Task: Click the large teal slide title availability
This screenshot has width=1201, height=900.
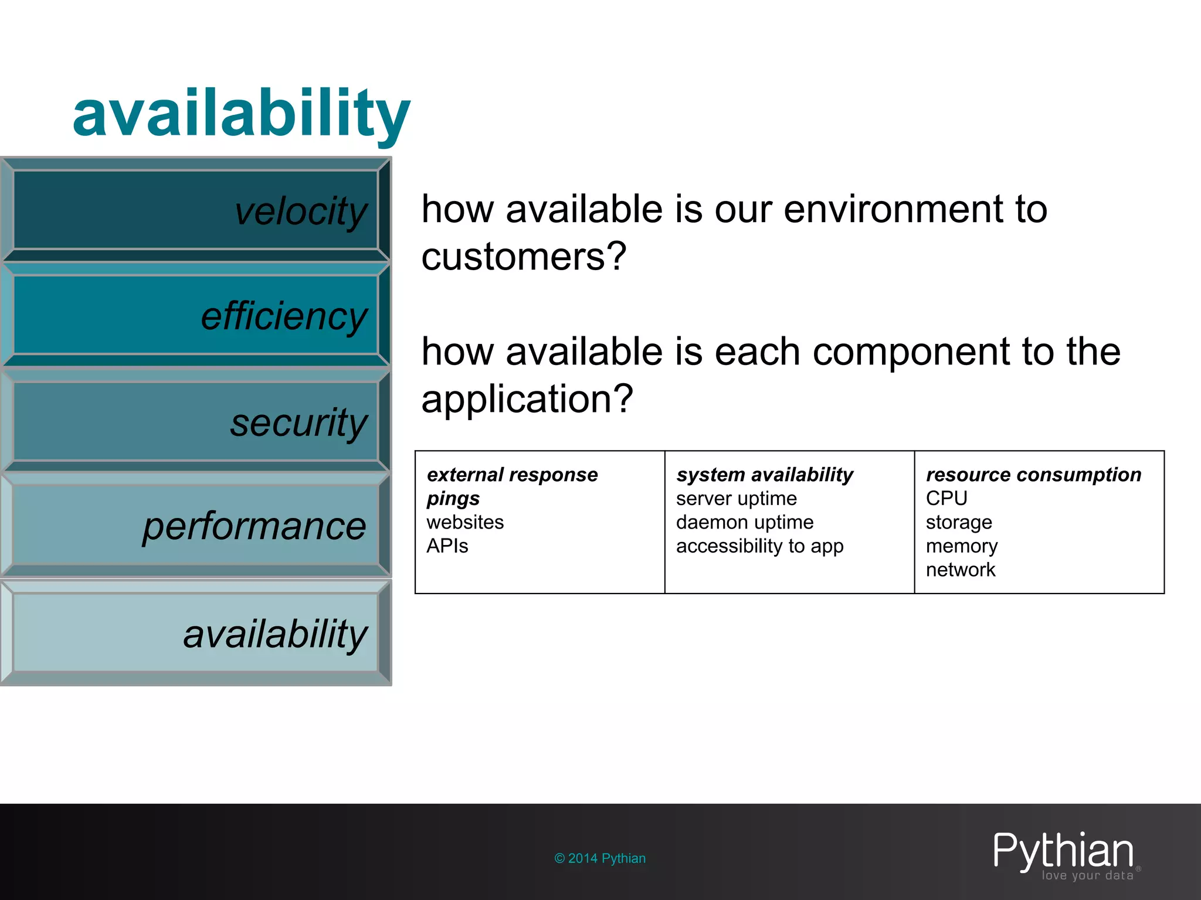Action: pyautogui.click(x=241, y=114)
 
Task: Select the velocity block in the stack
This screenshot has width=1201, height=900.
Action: pyautogui.click(x=195, y=210)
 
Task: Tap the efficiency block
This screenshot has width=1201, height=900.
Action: pyautogui.click(x=195, y=315)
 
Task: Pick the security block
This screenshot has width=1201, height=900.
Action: pyautogui.click(x=195, y=421)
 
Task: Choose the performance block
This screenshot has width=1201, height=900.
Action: pyautogui.click(x=195, y=526)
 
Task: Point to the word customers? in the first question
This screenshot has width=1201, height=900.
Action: pyautogui.click(x=524, y=257)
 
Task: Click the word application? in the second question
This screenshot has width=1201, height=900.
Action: pyautogui.click(x=527, y=398)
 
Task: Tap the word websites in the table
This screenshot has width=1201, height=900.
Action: pyautogui.click(x=465, y=522)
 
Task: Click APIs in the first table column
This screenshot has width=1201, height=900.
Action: pyautogui.click(x=447, y=546)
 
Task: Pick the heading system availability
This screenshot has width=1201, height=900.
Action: pyautogui.click(x=764, y=475)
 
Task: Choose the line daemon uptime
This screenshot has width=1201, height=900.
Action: pyautogui.click(x=745, y=522)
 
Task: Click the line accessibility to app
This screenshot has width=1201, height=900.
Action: pyautogui.click(x=759, y=546)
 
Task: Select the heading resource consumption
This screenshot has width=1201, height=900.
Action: pyautogui.click(x=1033, y=475)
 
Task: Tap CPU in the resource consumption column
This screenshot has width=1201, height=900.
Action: pyautogui.click(x=946, y=499)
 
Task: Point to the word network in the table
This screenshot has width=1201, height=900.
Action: pyautogui.click(x=960, y=570)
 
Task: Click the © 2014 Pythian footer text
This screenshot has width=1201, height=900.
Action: pyautogui.click(x=599, y=858)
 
